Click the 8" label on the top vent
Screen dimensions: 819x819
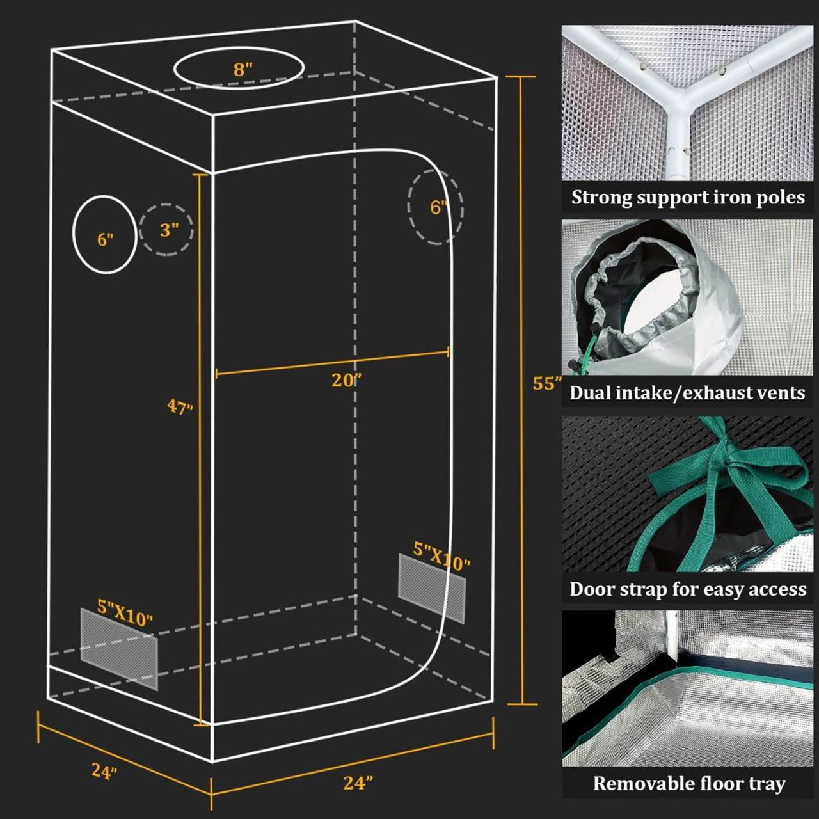click(243, 69)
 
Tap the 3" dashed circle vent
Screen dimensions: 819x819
click(167, 230)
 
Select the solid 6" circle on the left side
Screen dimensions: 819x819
click(105, 235)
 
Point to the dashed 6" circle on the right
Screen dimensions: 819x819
click(436, 207)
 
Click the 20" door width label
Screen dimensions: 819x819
click(346, 380)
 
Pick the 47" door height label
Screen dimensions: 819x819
click(180, 406)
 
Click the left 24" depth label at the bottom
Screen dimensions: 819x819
click(104, 771)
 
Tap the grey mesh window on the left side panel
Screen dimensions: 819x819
click(119, 649)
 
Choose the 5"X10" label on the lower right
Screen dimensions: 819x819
click(441, 556)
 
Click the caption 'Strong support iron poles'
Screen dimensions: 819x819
click(688, 197)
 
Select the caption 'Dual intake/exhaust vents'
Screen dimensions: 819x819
click(687, 392)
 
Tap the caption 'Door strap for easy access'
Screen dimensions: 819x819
click(688, 589)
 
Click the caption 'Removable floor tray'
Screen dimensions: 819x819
click(688, 784)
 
